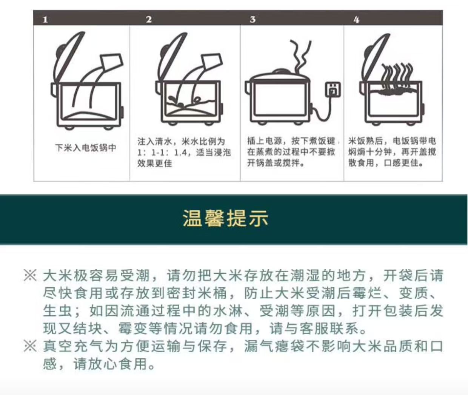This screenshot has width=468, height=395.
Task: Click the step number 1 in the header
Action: pos(45,20)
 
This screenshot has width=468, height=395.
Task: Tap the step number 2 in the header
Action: pos(149,20)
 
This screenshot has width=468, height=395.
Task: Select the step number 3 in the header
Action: pos(252,20)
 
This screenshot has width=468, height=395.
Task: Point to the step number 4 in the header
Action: pos(356,20)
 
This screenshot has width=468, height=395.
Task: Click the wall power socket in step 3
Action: pos(333,90)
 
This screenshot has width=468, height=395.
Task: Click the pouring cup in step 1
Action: pos(111,62)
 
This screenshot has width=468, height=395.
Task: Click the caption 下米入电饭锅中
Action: pos(86,148)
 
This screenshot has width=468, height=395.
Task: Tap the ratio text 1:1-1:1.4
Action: pos(162,153)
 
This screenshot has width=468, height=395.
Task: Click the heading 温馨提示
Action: pos(225,218)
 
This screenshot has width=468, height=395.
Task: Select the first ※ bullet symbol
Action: pos(30,275)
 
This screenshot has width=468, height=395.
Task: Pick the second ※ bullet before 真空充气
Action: pos(30,346)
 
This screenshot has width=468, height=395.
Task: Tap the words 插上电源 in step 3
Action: pos(265,141)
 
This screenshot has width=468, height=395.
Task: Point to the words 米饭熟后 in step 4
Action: pos(365,141)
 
